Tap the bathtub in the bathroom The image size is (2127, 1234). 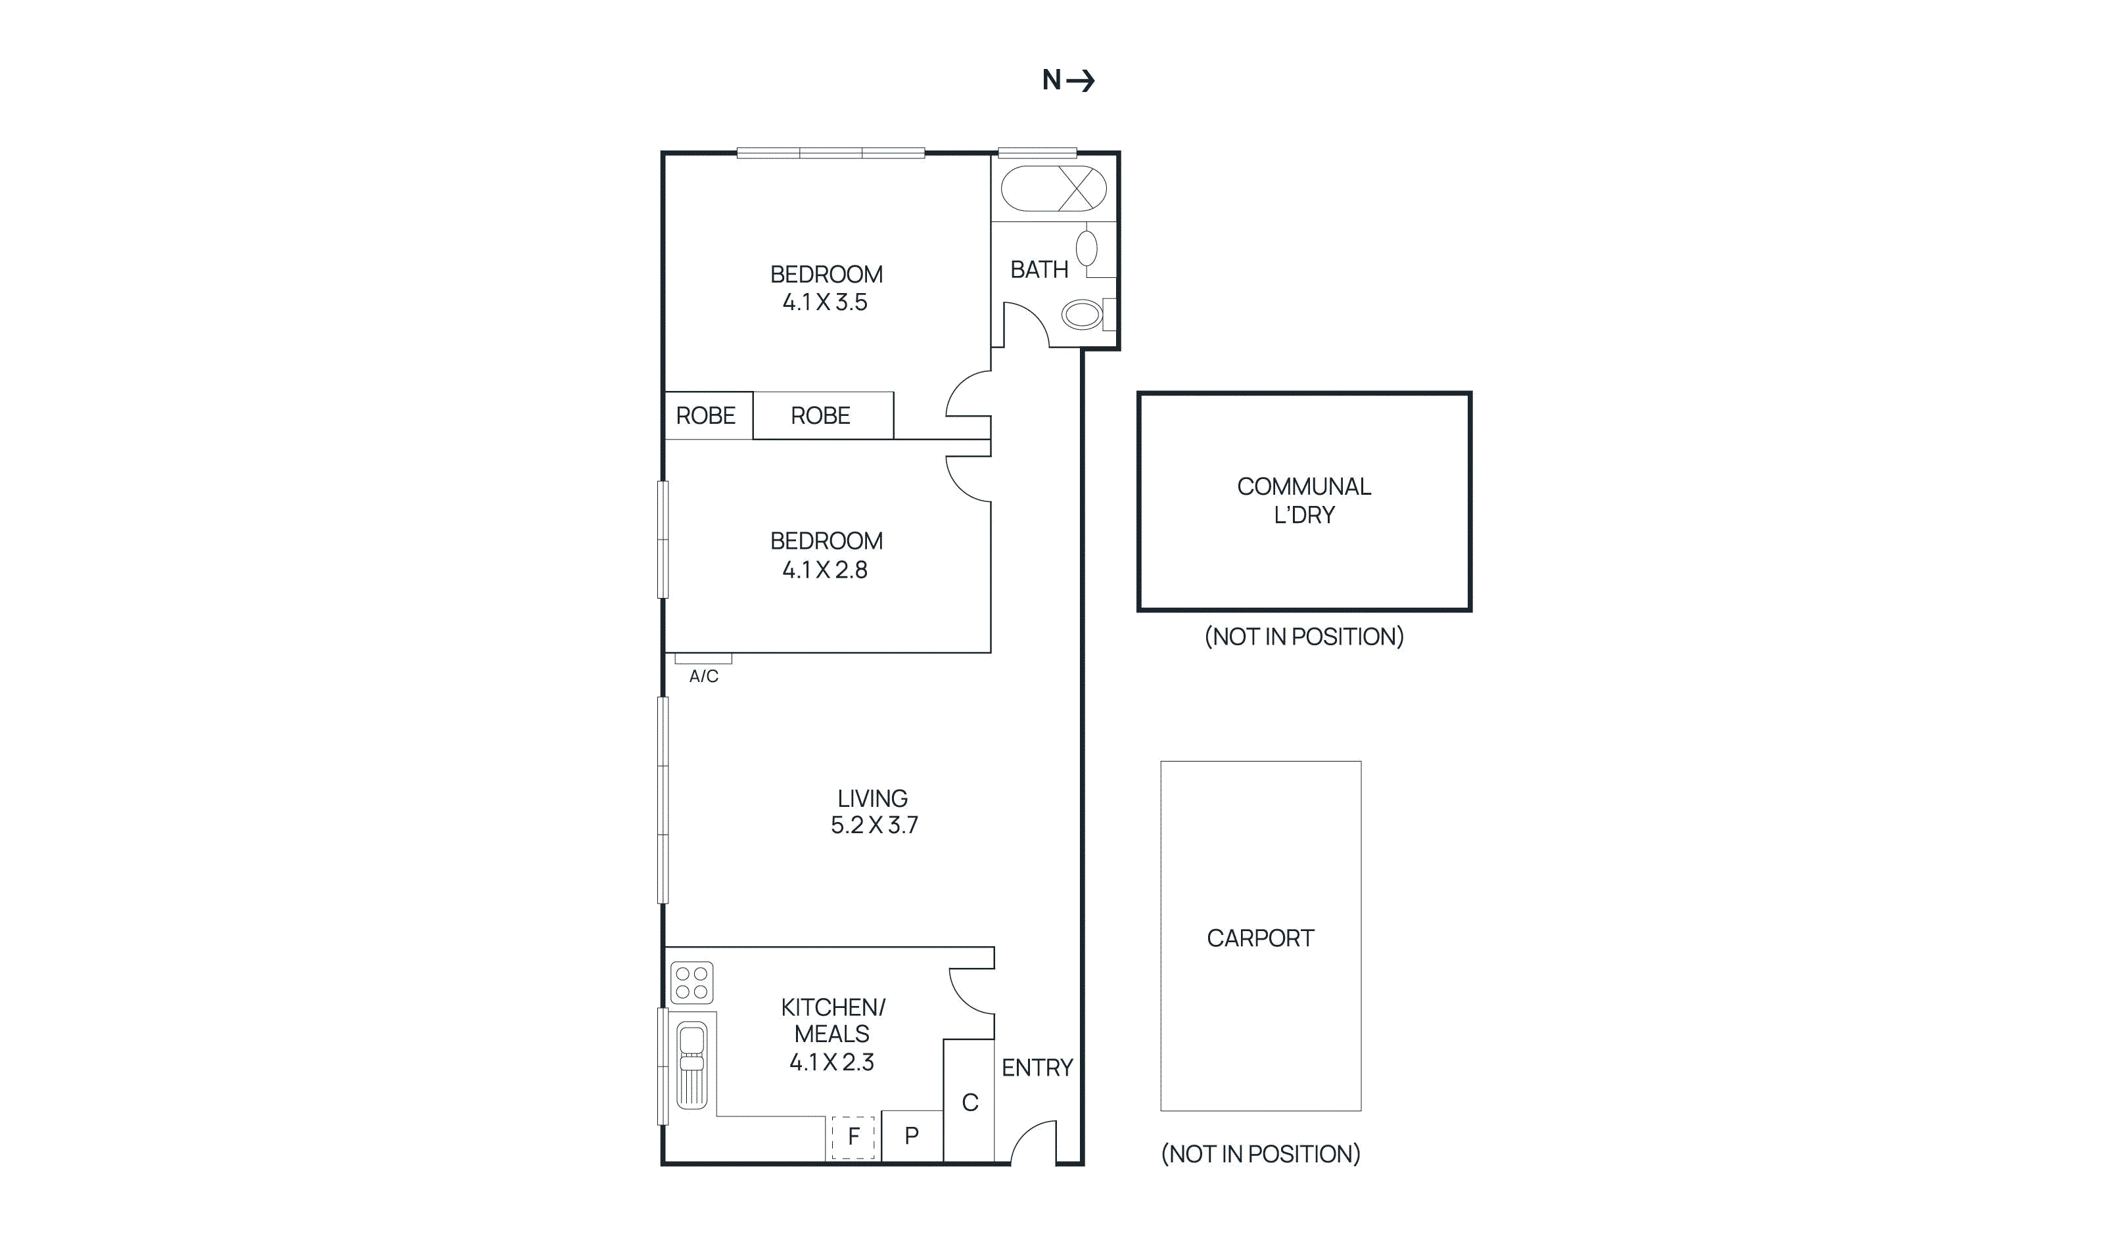[x=1052, y=188]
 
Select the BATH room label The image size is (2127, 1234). [x=1039, y=269]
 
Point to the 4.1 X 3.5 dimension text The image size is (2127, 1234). [x=825, y=302]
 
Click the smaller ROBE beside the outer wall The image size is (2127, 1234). [x=706, y=415]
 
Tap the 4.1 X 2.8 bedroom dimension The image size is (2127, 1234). [x=825, y=570]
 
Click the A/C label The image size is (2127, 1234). [x=703, y=676]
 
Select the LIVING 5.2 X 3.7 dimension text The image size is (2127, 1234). [x=874, y=825]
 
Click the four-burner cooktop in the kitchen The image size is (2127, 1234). [x=691, y=982]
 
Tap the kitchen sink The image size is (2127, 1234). [x=691, y=1064]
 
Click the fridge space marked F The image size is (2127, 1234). [x=853, y=1136]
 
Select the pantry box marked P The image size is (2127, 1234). [x=911, y=1136]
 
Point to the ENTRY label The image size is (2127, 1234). [x=1037, y=1068]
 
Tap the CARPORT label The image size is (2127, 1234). [x=1259, y=938]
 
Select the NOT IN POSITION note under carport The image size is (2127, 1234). [x=1260, y=1154]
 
